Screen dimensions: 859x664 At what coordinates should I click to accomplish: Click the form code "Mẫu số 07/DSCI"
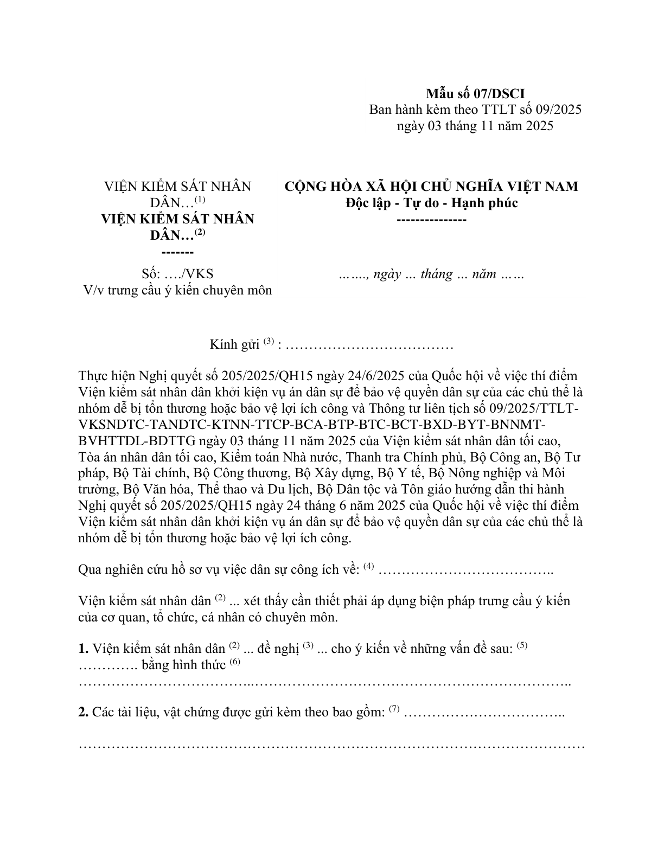point(475,93)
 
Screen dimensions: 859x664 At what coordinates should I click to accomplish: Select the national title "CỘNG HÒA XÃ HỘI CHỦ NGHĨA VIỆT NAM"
point(432,187)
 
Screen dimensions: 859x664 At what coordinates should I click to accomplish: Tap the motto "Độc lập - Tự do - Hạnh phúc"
point(432,203)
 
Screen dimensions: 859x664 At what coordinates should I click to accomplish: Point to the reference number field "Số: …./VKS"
point(177,274)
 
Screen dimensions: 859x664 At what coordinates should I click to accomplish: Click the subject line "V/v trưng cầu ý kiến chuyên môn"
point(177,290)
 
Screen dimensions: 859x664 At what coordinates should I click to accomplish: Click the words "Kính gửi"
point(234,345)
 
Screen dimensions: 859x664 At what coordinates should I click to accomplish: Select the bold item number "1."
point(84,649)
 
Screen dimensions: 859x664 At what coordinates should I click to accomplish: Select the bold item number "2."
point(84,712)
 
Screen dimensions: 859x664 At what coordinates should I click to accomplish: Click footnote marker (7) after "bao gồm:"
point(394,709)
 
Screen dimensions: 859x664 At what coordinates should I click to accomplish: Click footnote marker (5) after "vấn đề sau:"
point(522,645)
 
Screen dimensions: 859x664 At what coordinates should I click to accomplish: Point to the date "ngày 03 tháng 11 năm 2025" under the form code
point(475,126)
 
